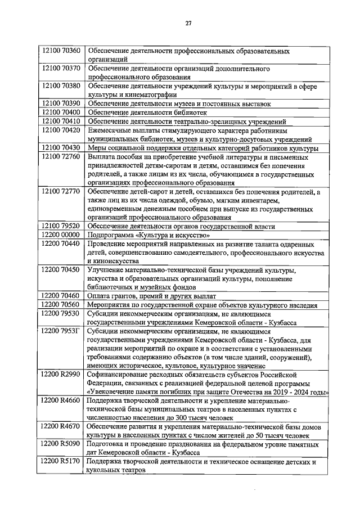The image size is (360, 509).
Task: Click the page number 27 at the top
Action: (189, 23)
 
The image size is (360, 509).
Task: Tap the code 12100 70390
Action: (62, 103)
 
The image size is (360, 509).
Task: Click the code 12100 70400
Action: (62, 112)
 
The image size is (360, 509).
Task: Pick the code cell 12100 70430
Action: (62, 148)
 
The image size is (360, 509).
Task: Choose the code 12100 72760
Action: (62, 157)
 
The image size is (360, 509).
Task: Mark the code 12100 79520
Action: (62, 226)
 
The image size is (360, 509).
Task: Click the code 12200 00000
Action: (62, 235)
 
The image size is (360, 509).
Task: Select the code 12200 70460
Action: (62, 295)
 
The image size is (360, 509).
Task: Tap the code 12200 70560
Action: (62, 304)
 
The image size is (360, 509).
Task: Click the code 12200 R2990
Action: (62, 374)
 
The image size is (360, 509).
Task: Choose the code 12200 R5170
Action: (62, 461)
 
